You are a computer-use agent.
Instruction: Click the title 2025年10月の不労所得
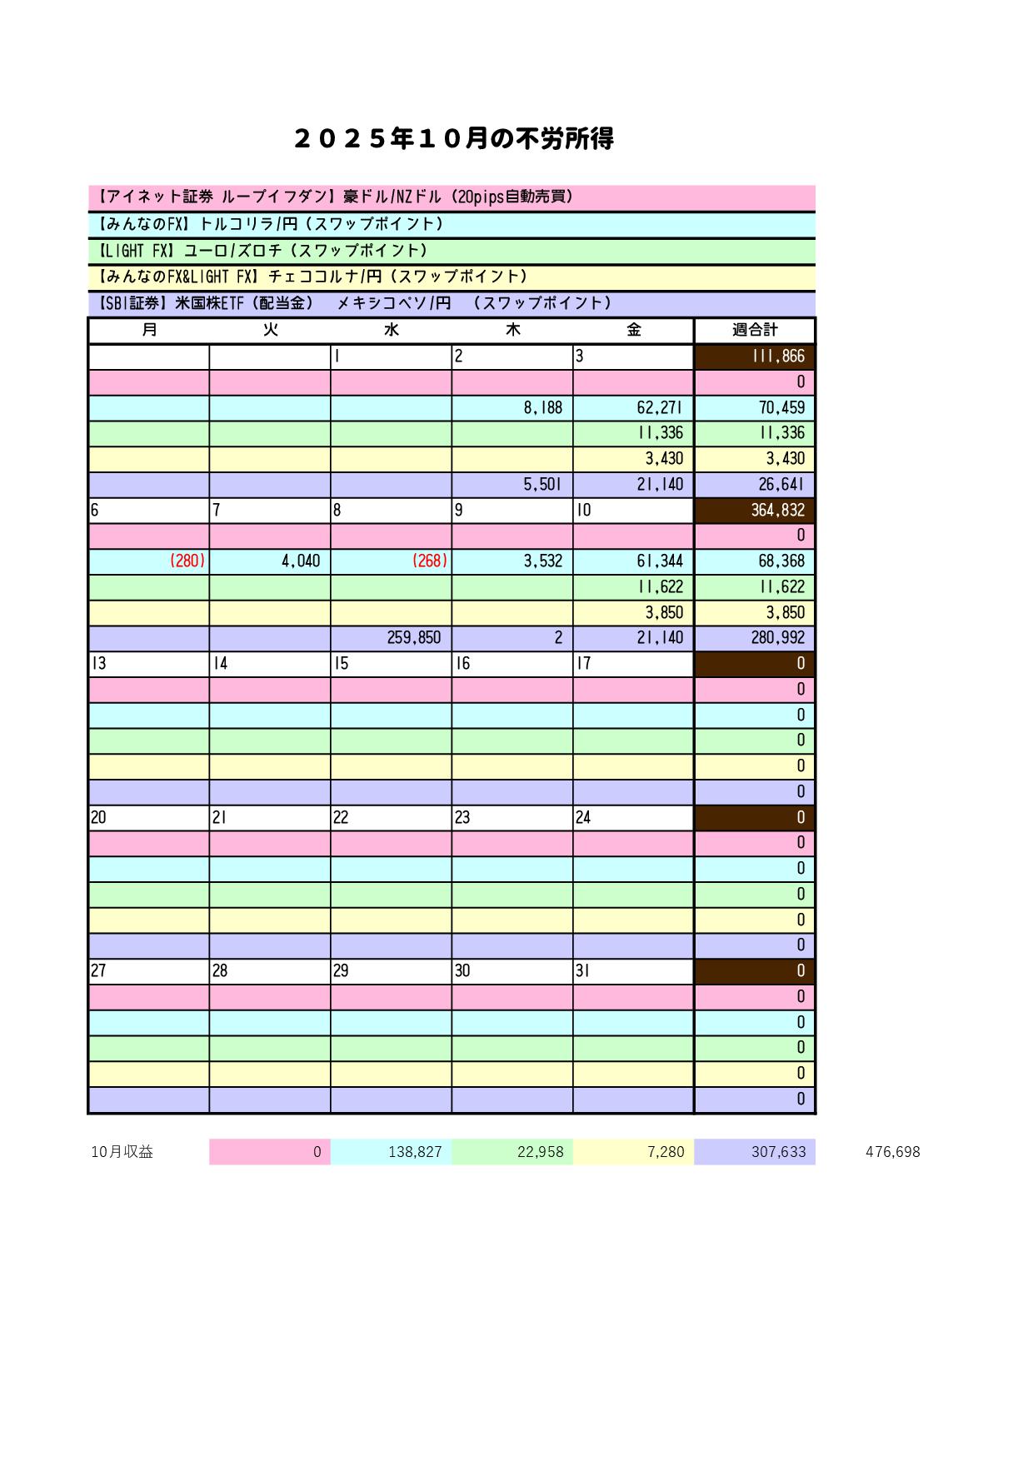(x=454, y=138)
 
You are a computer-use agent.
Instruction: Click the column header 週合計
(x=755, y=330)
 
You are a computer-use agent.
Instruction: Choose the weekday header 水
(x=392, y=330)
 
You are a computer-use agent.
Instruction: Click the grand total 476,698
(x=892, y=1152)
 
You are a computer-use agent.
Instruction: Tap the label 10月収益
(x=122, y=1152)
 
